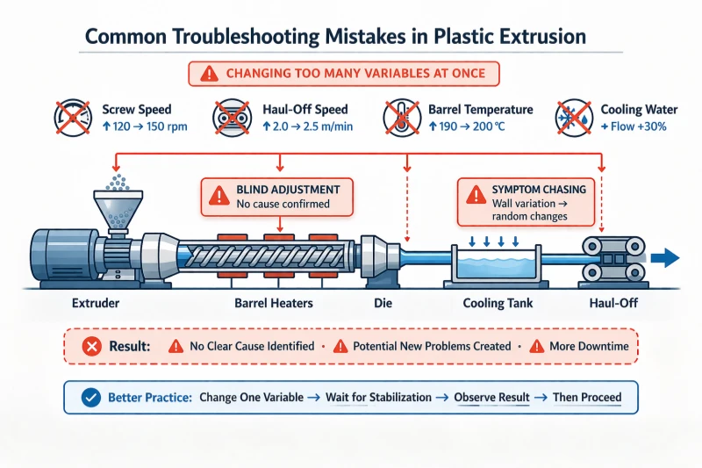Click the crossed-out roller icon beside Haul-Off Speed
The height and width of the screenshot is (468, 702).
coord(233,119)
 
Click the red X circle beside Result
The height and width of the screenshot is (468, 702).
coord(90,346)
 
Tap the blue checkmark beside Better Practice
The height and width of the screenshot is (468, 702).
coord(90,397)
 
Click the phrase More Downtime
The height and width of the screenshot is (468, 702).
coord(590,346)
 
